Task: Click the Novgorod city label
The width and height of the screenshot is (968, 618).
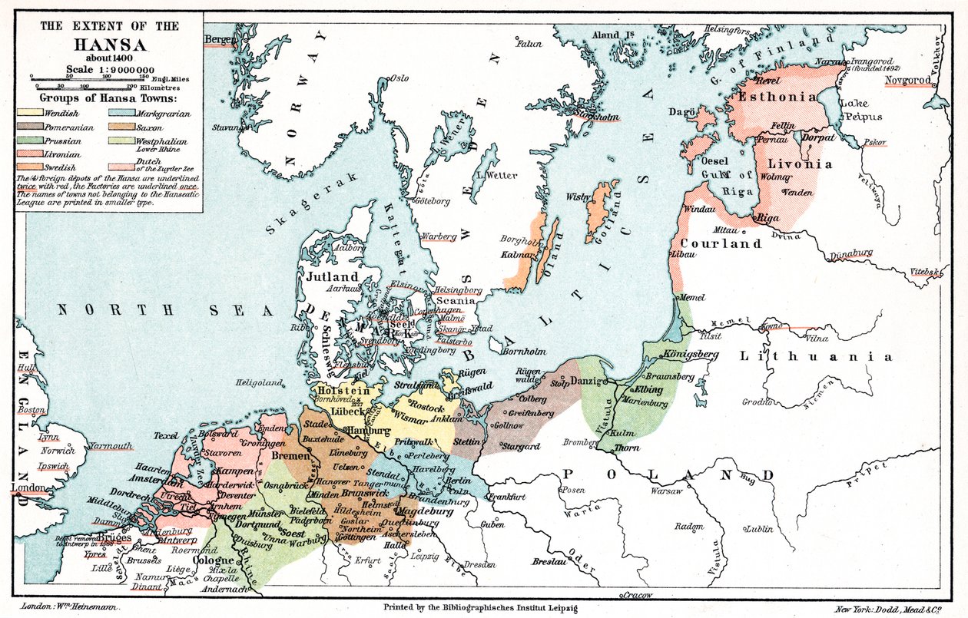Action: pos(908,80)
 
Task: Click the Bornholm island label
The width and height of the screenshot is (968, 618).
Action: pos(522,352)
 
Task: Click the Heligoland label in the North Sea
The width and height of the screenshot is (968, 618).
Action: pos(257,382)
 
